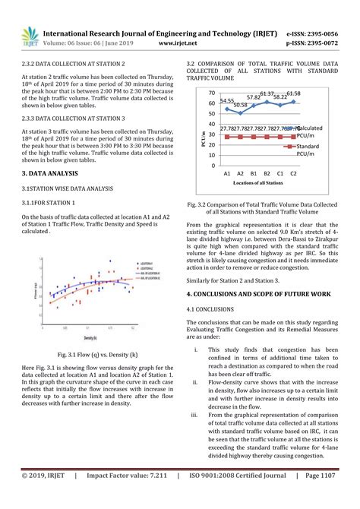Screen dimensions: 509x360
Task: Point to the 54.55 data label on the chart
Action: [x=227, y=100]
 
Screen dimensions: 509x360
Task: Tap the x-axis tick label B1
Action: [x=254, y=173]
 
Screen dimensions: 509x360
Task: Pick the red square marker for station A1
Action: [x=227, y=137]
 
